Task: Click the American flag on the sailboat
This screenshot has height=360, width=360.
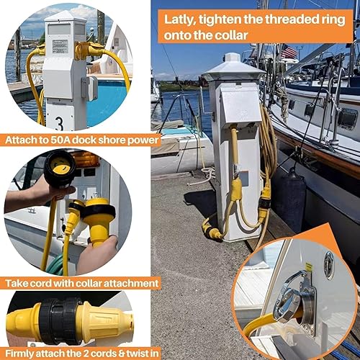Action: (x=288, y=52)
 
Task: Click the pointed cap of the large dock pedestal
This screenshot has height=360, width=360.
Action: (x=232, y=66)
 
